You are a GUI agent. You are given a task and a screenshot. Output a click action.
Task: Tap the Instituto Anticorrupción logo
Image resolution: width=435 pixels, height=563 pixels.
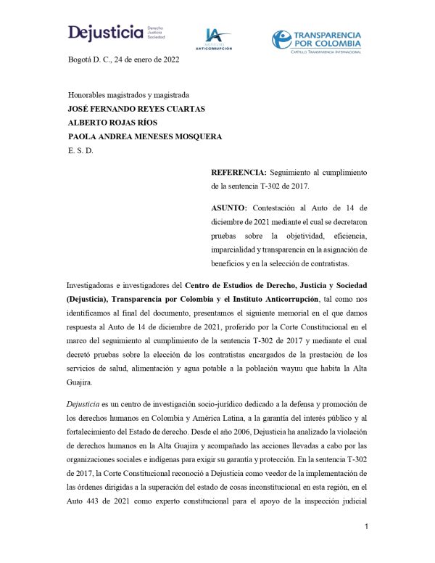pyautogui.click(x=214, y=38)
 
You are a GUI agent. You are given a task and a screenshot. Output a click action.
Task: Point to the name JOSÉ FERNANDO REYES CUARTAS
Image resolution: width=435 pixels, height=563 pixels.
pyautogui.click(x=136, y=109)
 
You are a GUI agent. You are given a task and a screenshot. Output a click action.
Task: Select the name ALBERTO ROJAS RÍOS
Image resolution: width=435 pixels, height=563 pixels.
pyautogui.click(x=113, y=123)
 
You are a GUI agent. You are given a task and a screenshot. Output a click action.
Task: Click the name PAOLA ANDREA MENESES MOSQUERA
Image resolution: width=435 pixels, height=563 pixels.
pyautogui.click(x=145, y=136)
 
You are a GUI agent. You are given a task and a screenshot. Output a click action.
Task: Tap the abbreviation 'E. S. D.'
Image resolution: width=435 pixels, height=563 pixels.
pyautogui.click(x=80, y=150)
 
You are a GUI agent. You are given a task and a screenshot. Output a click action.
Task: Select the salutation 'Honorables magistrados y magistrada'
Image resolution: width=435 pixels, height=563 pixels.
pyautogui.click(x=128, y=95)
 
